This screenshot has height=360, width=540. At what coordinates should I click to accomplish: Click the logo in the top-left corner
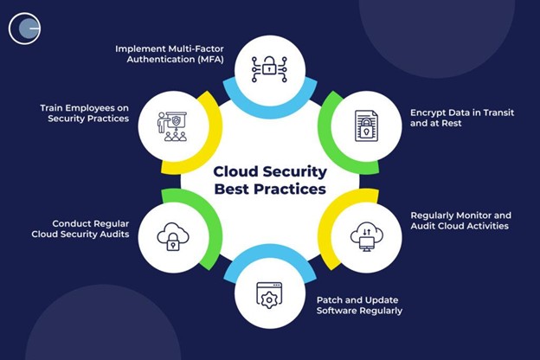25,28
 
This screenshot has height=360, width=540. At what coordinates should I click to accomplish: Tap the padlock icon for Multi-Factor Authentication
269,65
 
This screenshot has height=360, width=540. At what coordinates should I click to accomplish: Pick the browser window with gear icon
269,295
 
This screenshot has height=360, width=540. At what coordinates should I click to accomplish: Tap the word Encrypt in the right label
429,112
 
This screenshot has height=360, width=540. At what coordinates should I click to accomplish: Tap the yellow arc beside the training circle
207,121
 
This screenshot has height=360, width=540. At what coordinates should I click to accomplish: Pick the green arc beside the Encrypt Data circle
331,121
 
